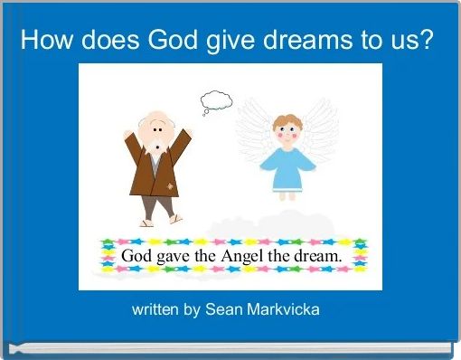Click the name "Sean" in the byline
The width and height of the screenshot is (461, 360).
pyautogui.click(x=222, y=309)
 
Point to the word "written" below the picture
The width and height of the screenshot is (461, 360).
pyautogui.click(x=155, y=309)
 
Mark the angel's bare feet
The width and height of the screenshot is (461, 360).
pyautogui.click(x=287, y=195)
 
